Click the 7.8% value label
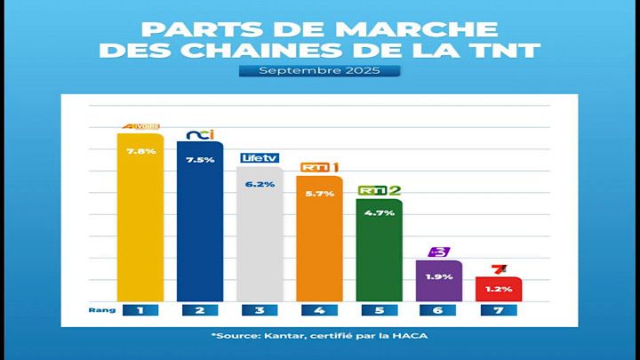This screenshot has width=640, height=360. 140,151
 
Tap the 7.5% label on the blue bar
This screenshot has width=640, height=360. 200,161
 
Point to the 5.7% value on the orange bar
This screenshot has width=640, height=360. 319,194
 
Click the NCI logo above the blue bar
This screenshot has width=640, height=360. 200,135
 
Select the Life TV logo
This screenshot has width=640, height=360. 260,158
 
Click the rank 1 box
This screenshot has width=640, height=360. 140,310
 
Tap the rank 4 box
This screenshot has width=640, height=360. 319,310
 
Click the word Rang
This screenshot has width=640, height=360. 98,310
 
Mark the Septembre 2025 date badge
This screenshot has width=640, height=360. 320,69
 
